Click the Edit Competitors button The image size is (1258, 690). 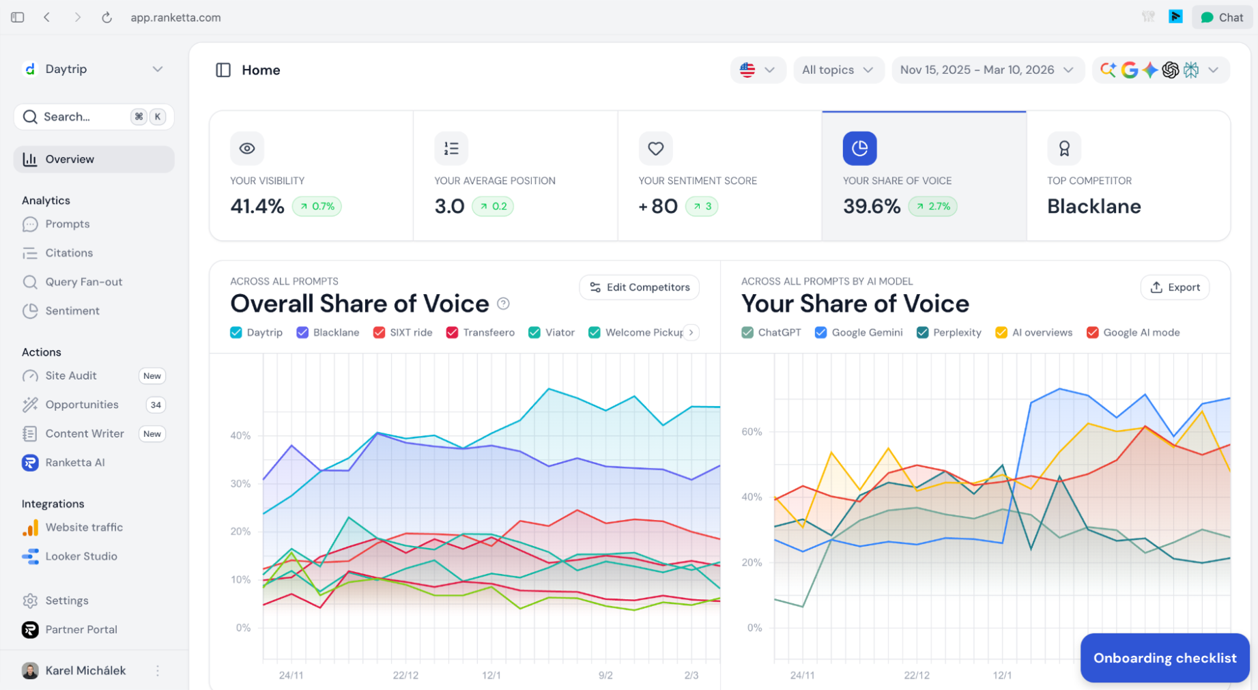click(640, 287)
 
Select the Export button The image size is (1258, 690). click(1175, 287)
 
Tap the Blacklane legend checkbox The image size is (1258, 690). click(302, 332)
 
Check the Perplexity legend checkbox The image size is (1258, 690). click(923, 332)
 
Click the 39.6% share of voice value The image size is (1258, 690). click(872, 206)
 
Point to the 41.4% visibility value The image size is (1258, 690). click(257, 206)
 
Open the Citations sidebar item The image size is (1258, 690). click(69, 253)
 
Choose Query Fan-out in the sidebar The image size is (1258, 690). click(83, 282)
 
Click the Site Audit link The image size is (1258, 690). click(71, 375)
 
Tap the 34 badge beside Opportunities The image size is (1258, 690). click(156, 405)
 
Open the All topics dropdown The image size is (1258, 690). click(838, 70)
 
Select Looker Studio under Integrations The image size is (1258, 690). click(81, 556)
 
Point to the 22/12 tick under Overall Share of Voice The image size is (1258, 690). click(405, 675)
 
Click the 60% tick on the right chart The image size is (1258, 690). click(752, 431)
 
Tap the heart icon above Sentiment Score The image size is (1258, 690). click(655, 148)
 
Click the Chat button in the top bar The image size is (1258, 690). click(1222, 18)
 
